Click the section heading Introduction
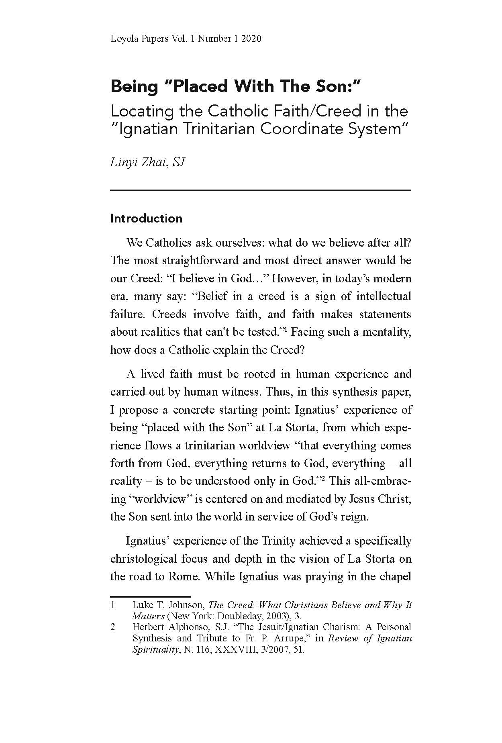pos(146,218)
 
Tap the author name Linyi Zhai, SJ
pos(147,163)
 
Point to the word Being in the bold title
pos(134,87)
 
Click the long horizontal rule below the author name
pos(261,190)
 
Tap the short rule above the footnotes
pos(150,596)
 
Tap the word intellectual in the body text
pos(378,296)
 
